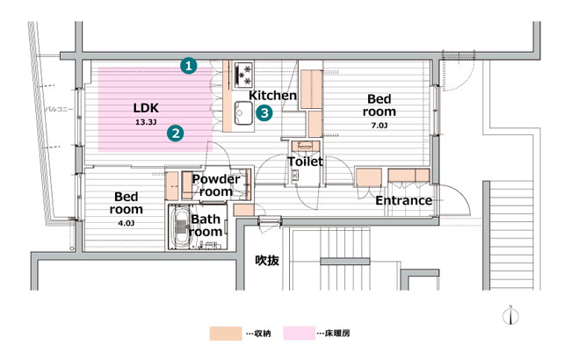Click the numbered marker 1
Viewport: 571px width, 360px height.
click(189, 66)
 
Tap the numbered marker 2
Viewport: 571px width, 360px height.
click(176, 133)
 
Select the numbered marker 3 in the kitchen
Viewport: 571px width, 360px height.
click(264, 113)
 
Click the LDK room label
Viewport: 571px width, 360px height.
click(146, 108)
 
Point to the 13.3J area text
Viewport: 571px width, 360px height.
click(146, 122)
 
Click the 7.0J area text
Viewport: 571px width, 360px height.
click(379, 126)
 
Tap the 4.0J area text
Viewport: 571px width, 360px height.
click(126, 223)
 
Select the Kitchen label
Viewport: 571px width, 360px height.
click(272, 96)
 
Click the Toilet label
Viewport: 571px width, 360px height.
click(305, 162)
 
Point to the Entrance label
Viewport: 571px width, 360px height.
click(404, 200)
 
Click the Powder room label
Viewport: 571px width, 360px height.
click(216, 185)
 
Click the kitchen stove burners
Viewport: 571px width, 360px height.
click(243, 75)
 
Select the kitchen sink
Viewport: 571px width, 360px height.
click(242, 113)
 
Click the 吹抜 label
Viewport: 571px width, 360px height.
click(267, 260)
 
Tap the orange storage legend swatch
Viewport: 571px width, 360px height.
click(226, 333)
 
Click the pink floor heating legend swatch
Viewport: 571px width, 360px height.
click(300, 333)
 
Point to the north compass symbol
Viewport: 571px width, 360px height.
click(511, 315)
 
